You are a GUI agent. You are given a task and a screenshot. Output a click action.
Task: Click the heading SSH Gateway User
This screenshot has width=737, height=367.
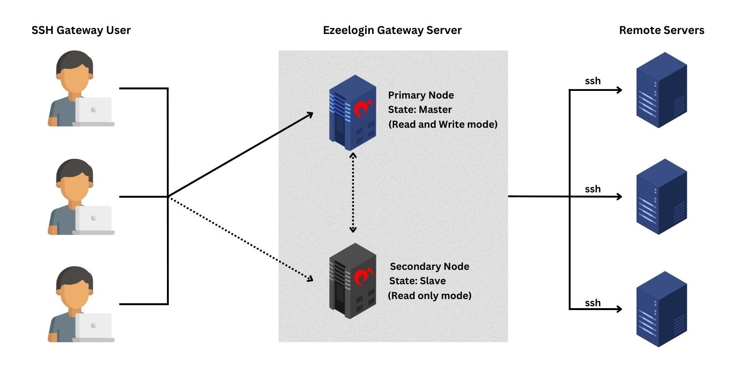(x=81, y=30)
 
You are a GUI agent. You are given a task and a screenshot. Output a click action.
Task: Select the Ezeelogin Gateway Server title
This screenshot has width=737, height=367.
(x=392, y=30)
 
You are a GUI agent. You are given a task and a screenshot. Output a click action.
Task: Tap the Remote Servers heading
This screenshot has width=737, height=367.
(x=661, y=30)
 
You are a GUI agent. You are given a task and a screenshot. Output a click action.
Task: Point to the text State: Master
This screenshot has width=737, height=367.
(x=420, y=110)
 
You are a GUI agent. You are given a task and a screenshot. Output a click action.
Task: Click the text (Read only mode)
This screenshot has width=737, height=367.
(x=429, y=295)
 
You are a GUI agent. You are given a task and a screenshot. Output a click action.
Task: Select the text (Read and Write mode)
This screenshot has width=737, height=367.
(x=443, y=124)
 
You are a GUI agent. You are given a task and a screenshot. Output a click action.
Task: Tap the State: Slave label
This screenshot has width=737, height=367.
(x=418, y=281)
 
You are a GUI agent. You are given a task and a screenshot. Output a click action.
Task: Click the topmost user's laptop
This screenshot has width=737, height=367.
(x=94, y=111)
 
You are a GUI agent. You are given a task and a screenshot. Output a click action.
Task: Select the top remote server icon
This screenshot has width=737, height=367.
(x=661, y=90)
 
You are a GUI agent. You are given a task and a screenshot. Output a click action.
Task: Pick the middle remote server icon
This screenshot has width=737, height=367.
(x=661, y=197)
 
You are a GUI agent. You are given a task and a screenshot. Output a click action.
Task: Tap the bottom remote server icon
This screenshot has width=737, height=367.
(x=661, y=309)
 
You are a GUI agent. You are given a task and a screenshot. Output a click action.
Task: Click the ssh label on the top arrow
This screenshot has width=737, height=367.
(x=593, y=81)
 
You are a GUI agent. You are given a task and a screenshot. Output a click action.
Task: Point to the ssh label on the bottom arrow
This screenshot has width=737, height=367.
(x=593, y=302)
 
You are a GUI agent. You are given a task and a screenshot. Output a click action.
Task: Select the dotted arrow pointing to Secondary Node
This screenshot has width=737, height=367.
(x=239, y=237)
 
